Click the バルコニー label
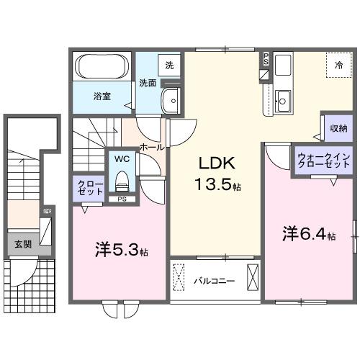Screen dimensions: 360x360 (x=214, y=280)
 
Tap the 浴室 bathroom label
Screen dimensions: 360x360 (x=101, y=95)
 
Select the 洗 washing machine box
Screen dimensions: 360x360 (x=169, y=66)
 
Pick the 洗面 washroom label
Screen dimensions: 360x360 (x=147, y=83)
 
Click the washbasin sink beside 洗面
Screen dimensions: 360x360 (x=171, y=101)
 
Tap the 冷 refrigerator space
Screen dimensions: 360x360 (x=338, y=66)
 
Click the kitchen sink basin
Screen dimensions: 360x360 (x=283, y=102)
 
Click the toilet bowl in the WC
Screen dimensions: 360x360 (x=121, y=178)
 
